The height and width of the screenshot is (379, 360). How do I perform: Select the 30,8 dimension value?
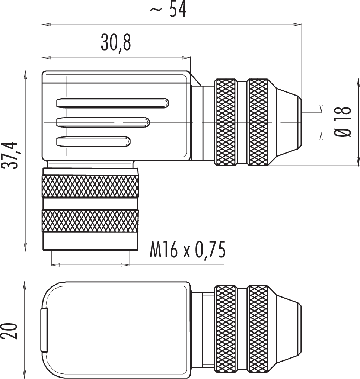pos(116,42)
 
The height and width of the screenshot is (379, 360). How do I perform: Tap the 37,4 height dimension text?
pos(10,155)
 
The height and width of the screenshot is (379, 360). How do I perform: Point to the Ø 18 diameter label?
pos(343,122)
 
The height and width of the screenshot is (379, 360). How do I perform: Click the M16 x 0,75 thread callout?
pos(188,249)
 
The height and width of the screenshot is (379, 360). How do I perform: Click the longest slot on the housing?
pos(112,103)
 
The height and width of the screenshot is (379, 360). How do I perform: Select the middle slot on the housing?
pos(103,122)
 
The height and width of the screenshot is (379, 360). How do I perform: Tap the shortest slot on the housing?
pos(93,142)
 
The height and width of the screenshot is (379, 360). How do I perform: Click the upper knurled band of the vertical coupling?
pos(90,187)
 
